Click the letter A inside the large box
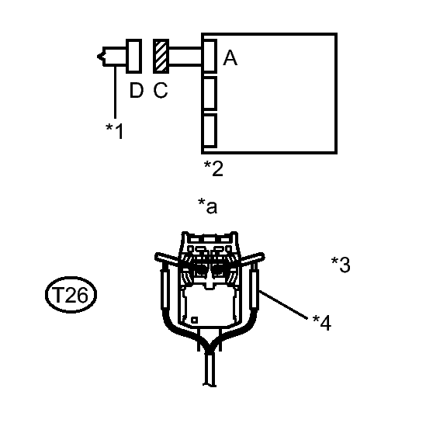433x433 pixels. pyautogui.click(x=230, y=57)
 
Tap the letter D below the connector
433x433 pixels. pyautogui.click(x=137, y=90)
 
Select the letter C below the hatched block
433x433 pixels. pyautogui.click(x=161, y=90)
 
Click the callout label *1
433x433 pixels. pyautogui.click(x=115, y=131)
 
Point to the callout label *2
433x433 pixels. pyautogui.click(x=213, y=168)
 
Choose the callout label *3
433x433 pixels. pyautogui.click(x=341, y=265)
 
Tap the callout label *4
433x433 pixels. pyautogui.click(x=322, y=323)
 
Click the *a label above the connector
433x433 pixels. pyautogui.click(x=208, y=206)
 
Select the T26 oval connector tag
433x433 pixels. pyautogui.click(x=71, y=295)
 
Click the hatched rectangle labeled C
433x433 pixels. pyautogui.click(x=161, y=56)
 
